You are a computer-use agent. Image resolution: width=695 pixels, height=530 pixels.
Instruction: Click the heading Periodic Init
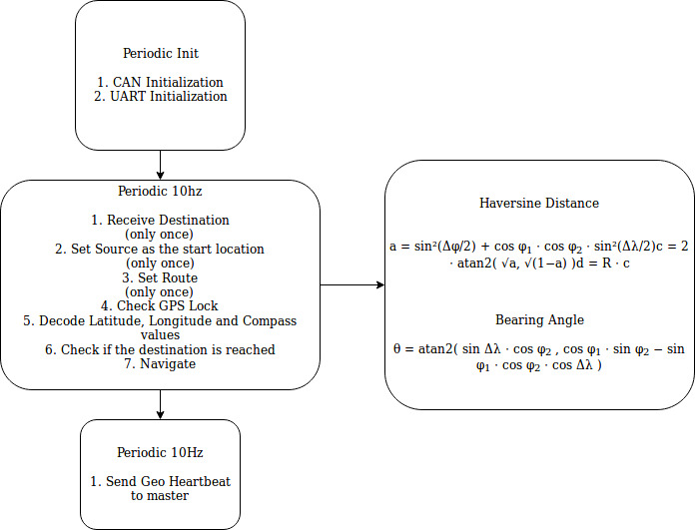tap(161, 53)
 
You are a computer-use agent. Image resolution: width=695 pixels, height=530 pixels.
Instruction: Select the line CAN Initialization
tap(160, 82)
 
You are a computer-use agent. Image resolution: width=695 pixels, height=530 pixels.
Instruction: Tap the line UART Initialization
tap(160, 96)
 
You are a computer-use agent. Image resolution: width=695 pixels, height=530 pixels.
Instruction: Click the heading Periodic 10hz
tap(160, 191)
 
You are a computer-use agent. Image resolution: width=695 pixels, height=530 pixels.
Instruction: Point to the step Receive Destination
tap(160, 220)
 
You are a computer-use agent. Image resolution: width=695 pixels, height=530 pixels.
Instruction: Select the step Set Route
tap(160, 277)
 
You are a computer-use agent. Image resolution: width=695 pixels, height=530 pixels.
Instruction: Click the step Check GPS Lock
tap(160, 305)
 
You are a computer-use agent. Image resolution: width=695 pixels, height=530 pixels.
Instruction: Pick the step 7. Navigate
tap(160, 364)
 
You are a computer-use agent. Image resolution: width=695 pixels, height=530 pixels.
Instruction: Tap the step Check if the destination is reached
tap(160, 349)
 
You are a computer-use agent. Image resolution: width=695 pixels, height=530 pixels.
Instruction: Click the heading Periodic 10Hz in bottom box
tap(160, 452)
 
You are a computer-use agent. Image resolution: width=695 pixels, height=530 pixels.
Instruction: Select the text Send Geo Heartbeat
tap(160, 481)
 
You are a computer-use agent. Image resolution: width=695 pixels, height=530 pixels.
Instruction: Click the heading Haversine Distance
tap(539, 203)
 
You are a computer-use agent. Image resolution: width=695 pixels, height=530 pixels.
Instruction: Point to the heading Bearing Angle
tap(539, 320)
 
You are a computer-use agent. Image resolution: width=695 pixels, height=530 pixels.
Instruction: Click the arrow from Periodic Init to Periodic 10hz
tap(160, 165)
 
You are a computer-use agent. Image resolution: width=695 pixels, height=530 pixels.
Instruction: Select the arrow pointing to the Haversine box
tap(352, 284)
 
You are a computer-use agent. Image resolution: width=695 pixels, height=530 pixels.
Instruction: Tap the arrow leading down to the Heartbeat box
tap(160, 404)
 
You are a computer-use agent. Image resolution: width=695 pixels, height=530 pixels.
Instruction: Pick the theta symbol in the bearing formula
tap(396, 349)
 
